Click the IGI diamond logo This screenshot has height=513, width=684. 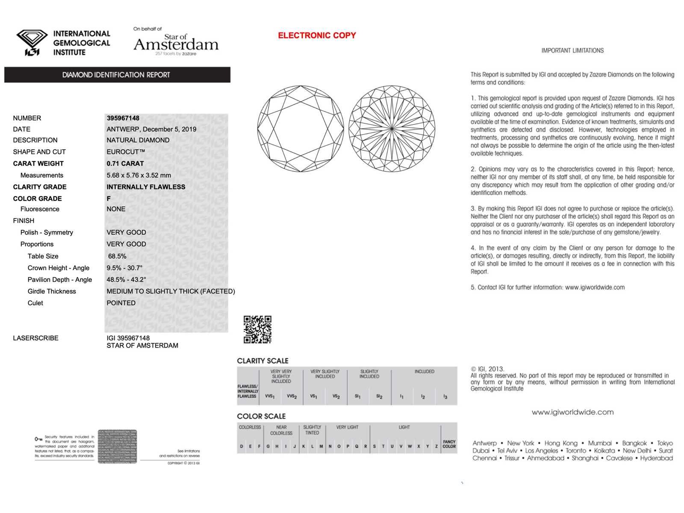click(32, 42)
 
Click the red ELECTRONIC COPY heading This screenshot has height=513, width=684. click(317, 35)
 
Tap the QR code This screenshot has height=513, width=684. click(257, 329)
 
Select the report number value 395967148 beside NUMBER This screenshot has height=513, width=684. click(123, 118)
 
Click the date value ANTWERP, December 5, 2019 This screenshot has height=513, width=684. click(151, 129)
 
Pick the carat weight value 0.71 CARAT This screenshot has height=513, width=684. click(125, 163)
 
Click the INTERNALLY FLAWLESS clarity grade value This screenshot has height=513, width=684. click(146, 187)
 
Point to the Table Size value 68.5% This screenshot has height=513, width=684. click(117, 256)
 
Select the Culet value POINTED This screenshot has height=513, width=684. click(121, 303)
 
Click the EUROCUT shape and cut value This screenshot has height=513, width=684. click(126, 152)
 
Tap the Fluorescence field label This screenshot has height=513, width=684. click(40, 209)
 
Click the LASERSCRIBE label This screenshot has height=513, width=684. click(35, 338)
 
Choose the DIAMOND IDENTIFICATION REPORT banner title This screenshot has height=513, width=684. click(116, 75)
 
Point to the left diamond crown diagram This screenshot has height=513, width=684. click(301, 129)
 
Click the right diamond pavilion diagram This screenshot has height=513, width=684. click(392, 129)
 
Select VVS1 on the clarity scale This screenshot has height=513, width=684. click(270, 396)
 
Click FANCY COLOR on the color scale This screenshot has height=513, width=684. click(449, 444)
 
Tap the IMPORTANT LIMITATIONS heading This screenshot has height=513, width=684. click(572, 50)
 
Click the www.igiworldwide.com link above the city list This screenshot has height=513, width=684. click(572, 412)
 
